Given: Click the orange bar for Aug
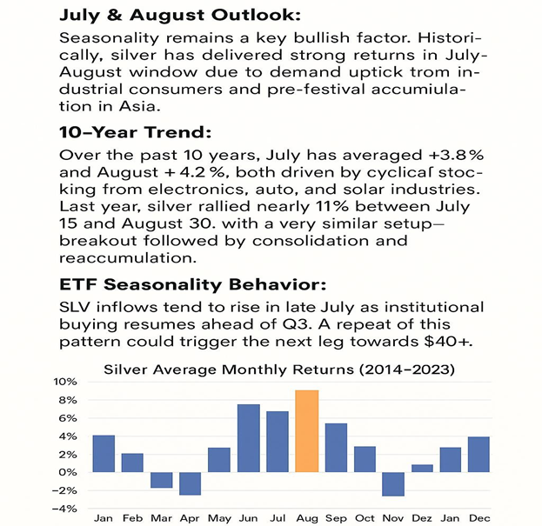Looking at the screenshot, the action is point(307,431).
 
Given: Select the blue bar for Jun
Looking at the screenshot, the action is point(249,438).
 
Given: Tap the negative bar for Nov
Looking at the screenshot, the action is point(393,484).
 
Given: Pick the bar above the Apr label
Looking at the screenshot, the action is point(191,483).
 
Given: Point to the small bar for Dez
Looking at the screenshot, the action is point(422,469).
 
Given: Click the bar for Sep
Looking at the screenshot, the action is point(336,448).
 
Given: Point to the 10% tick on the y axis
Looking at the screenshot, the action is point(65,382).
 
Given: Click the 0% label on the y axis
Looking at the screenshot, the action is point(67,472).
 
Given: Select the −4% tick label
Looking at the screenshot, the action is point(64,509).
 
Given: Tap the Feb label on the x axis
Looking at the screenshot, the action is point(133,518).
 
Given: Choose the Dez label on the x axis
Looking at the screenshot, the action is point(422,518).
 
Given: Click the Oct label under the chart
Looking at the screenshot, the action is point(365,518).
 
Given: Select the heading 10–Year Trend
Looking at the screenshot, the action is point(135,132).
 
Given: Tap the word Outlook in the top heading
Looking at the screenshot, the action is point(256,15).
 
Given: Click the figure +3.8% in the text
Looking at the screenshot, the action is point(456,155).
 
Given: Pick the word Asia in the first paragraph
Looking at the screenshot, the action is point(140,106).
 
